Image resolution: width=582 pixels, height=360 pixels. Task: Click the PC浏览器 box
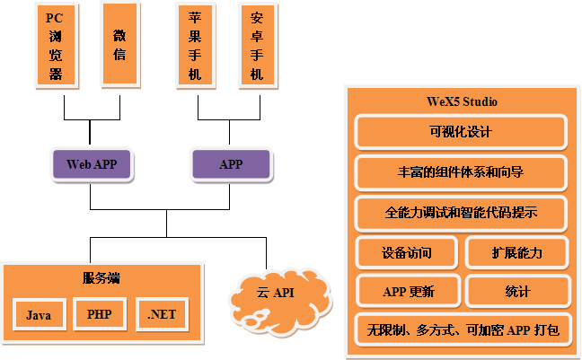pyautogui.click(x=56, y=44)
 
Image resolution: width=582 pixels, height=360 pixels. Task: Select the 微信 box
pyautogui.click(x=119, y=44)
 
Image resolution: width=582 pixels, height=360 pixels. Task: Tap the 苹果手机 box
pyautogui.click(x=195, y=44)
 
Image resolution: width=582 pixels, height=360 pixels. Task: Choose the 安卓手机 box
pyautogui.click(x=257, y=44)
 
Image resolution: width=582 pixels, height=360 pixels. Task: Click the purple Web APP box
pyautogui.click(x=92, y=164)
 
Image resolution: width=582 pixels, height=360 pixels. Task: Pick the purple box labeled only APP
pyautogui.click(x=230, y=164)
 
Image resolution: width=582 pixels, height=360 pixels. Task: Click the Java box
pyautogui.click(x=39, y=315)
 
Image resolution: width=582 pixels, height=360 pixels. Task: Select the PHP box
pyautogui.click(x=100, y=314)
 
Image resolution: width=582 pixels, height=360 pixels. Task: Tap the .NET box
pyautogui.click(x=162, y=314)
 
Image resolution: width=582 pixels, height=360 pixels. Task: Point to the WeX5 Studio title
pyautogui.click(x=462, y=101)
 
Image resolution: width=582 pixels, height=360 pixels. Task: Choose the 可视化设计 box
pyautogui.click(x=461, y=132)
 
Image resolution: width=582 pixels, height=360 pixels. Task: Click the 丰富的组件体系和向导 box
pyautogui.click(x=461, y=172)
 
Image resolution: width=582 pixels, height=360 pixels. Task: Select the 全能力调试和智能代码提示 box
pyautogui.click(x=461, y=213)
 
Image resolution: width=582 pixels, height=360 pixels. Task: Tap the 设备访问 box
pyautogui.click(x=407, y=252)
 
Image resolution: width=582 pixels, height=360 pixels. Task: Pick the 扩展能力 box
pyautogui.click(x=517, y=252)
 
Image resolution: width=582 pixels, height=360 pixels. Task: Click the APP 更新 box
pyautogui.click(x=408, y=291)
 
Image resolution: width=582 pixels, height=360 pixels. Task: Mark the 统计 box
pyautogui.click(x=517, y=291)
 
